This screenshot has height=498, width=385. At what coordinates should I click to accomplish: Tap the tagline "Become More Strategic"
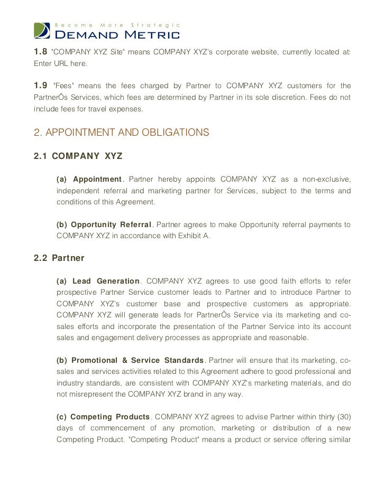pyautogui.click(x=118, y=25)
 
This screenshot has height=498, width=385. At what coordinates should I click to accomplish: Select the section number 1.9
pyautogui.click(x=40, y=85)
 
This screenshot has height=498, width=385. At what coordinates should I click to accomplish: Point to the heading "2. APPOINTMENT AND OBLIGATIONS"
pyautogui.click(x=122, y=133)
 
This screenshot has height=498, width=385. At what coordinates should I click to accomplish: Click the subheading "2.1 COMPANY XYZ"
pyautogui.click(x=78, y=157)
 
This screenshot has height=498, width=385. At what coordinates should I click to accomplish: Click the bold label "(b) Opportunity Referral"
pyautogui.click(x=104, y=225)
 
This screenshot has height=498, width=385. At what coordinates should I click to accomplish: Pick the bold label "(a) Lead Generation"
pyautogui.click(x=98, y=281)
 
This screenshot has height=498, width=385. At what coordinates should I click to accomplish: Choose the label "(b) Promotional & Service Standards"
pyautogui.click(x=130, y=361)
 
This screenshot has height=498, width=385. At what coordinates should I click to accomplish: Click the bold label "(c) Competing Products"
pyautogui.click(x=103, y=417)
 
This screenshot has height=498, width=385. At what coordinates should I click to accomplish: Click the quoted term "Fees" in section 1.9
pyautogui.click(x=64, y=85)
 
